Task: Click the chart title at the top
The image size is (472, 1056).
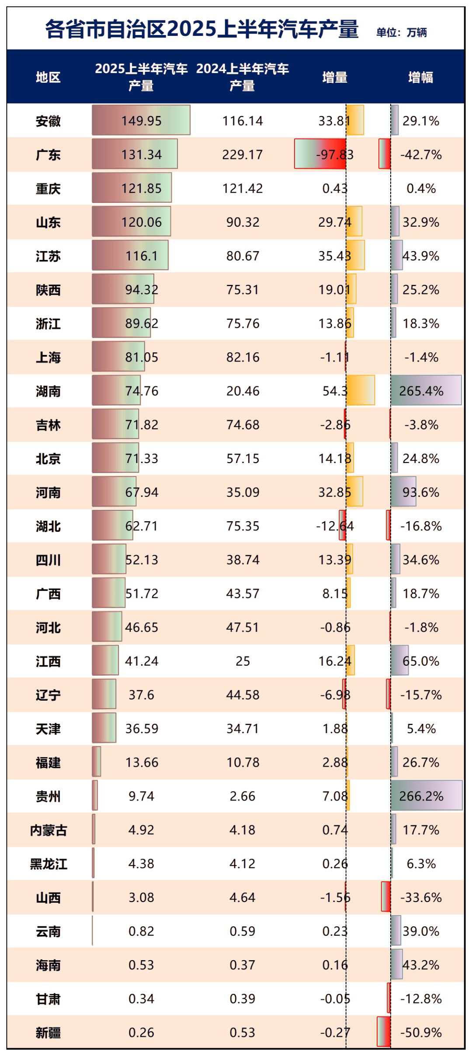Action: [x=202, y=29]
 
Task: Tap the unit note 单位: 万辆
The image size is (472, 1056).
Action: [x=401, y=32]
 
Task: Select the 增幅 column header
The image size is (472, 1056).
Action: [x=420, y=77]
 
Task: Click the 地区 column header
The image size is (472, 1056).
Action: [x=48, y=77]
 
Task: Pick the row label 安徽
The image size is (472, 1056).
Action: [x=48, y=121]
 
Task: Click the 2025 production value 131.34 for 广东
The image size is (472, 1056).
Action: [x=141, y=155]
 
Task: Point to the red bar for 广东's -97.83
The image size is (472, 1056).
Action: [x=320, y=154]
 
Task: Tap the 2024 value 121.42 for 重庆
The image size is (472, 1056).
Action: [x=243, y=189]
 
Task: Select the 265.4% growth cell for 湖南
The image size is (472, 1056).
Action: [x=421, y=391]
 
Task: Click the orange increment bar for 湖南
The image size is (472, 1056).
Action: [x=361, y=390]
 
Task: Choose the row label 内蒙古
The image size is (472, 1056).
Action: [x=48, y=830]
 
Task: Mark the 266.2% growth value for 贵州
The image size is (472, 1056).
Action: [x=421, y=796]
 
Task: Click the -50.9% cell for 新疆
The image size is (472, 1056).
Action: [x=421, y=1032]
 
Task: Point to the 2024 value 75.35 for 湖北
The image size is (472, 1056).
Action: [x=243, y=526]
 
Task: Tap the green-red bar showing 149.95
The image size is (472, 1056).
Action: [x=141, y=120]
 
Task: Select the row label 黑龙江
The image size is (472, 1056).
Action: [x=48, y=864]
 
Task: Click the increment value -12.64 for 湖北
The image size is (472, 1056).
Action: [x=335, y=526]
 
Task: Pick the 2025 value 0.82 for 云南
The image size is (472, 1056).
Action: [x=141, y=931]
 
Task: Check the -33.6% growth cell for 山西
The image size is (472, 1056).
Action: [x=421, y=898]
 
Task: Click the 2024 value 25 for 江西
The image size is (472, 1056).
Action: [x=243, y=661]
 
